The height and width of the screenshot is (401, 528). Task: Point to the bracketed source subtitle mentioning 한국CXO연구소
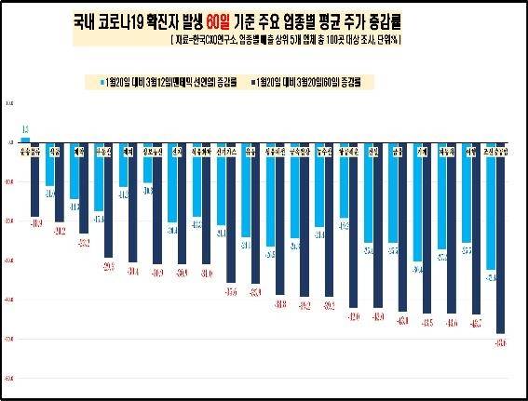click(278, 41)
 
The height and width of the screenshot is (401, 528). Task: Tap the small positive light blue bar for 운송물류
click(25, 140)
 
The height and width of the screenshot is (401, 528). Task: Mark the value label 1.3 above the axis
click(25, 130)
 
